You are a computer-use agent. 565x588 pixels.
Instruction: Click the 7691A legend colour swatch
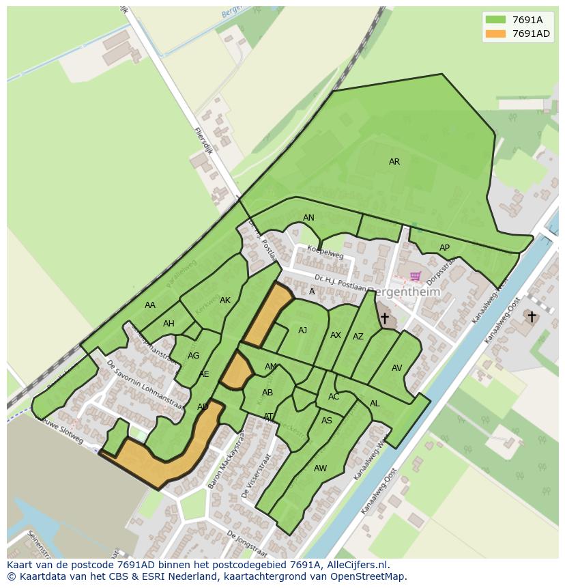(496, 20)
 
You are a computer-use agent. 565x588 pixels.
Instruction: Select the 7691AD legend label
(531, 34)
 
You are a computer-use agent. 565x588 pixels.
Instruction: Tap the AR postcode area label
(394, 163)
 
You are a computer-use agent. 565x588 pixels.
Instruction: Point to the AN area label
(308, 218)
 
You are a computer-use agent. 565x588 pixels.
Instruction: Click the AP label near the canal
(444, 248)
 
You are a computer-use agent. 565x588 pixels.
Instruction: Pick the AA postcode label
(150, 305)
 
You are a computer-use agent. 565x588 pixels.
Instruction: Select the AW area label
(320, 468)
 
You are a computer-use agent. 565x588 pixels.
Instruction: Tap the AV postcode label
(396, 368)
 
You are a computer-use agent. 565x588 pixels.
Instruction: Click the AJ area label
(302, 331)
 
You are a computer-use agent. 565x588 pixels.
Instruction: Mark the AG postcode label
(193, 356)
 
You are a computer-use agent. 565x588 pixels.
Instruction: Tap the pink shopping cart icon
(415, 277)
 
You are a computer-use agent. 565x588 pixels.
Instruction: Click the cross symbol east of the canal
(531, 316)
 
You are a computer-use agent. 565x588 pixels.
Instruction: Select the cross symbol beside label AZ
(384, 318)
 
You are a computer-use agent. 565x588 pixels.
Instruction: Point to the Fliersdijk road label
(203, 141)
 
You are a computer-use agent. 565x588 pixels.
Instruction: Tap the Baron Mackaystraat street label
(227, 464)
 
